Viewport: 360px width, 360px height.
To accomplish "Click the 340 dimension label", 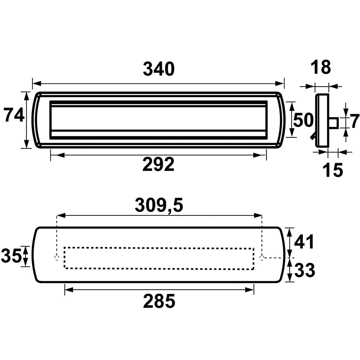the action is [x=159, y=69].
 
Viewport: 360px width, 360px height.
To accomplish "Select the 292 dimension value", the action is [x=159, y=164].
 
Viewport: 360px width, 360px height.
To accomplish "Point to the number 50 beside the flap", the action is [x=303, y=120].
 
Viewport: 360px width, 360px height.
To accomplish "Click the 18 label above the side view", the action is [x=320, y=67].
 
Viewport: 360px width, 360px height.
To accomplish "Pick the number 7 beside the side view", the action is [x=355, y=121].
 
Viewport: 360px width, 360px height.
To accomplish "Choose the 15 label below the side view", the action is [x=333, y=170].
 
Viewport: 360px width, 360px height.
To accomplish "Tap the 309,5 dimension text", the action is [x=159, y=205].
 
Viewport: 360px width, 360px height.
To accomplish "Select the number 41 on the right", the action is [x=304, y=241].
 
